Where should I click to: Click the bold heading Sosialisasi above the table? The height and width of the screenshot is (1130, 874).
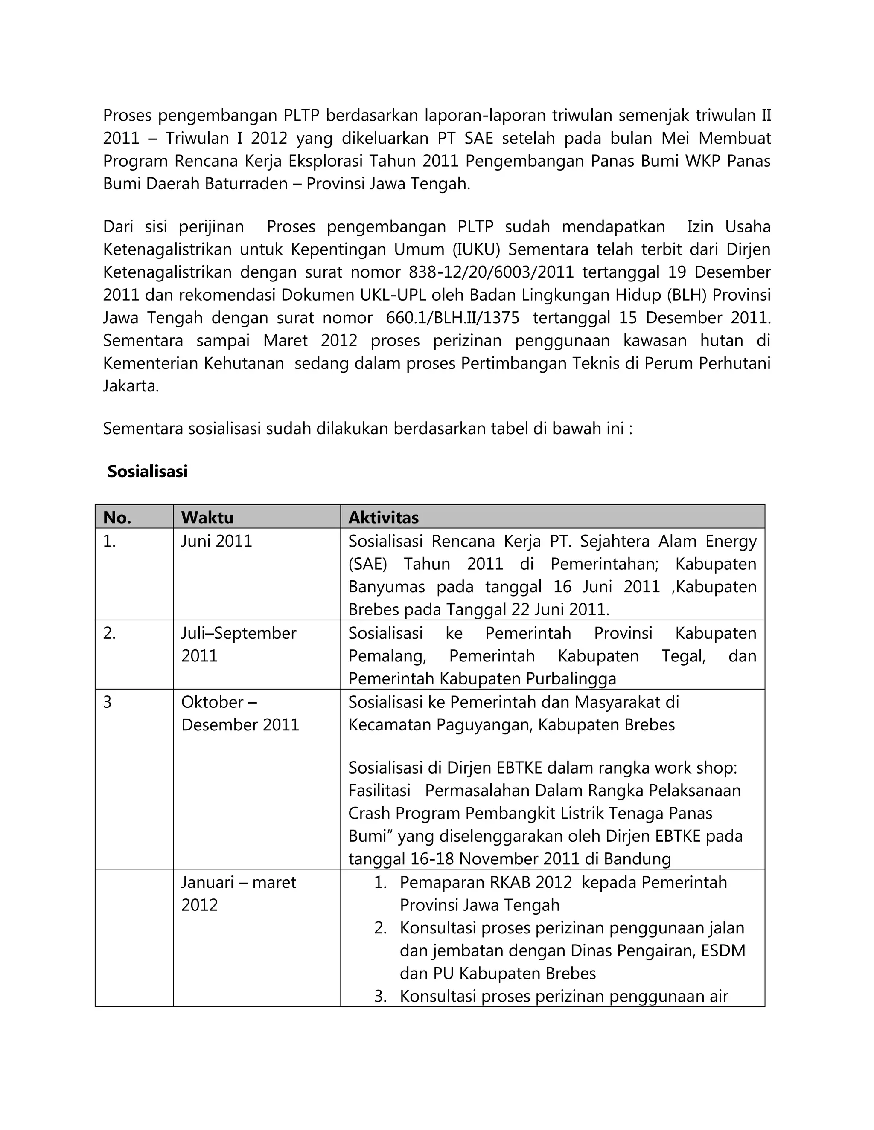click(147, 471)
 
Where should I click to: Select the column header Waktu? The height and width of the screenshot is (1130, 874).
click(207, 517)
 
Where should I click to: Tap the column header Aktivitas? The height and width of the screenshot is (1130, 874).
click(383, 517)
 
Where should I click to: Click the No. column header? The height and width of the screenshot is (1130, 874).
click(117, 517)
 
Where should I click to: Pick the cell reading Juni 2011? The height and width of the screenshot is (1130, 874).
click(216, 541)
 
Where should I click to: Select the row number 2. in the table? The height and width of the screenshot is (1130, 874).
click(109, 633)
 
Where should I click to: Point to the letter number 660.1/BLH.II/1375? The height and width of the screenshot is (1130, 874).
click(452, 318)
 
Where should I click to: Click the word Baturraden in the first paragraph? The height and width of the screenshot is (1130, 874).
click(246, 184)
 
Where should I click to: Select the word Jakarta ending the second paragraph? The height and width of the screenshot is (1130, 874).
click(131, 386)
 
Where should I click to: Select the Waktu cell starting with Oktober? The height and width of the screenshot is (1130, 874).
click(239, 713)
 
